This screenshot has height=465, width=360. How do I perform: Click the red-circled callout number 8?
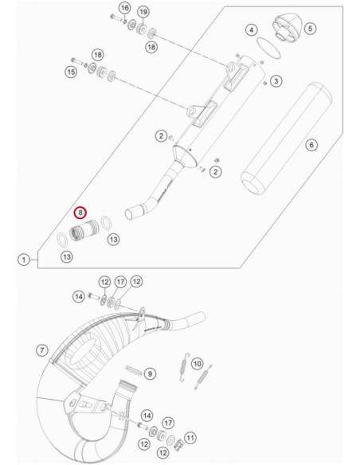click(x=80, y=213)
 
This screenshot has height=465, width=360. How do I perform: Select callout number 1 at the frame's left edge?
click(x=24, y=260)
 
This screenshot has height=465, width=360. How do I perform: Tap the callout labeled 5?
click(x=310, y=29)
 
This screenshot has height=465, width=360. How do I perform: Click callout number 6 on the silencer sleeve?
click(x=311, y=145)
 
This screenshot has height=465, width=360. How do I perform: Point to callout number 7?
click(x=41, y=350)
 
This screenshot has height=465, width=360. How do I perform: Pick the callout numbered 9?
click(x=150, y=373)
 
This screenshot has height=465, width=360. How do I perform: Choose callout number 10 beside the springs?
click(x=198, y=364)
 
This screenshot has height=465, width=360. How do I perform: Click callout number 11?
click(x=190, y=438)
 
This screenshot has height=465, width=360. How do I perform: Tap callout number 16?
click(x=125, y=8)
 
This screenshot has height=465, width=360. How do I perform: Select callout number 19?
click(x=143, y=12)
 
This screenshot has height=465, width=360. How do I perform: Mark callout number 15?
click(x=71, y=72)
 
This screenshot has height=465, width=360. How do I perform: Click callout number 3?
click(x=276, y=81)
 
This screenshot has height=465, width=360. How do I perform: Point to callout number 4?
click(x=252, y=30)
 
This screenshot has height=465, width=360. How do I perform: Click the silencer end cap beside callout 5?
click(x=286, y=28)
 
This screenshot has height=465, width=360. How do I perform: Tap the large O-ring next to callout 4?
click(x=268, y=48)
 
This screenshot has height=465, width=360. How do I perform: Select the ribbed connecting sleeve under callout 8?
click(x=84, y=230)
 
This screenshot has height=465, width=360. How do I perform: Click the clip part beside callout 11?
click(x=178, y=444)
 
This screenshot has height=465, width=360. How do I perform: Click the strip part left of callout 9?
click(x=134, y=370)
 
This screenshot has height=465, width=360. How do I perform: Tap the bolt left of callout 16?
click(x=115, y=18)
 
